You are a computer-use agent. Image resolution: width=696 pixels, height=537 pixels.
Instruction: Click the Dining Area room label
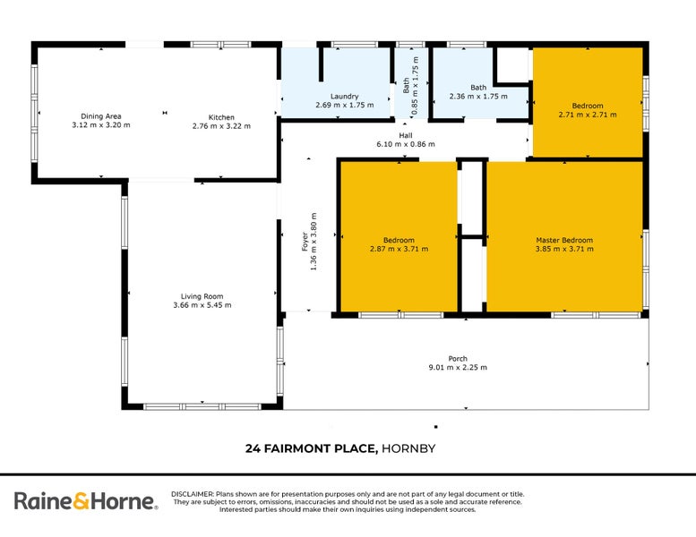[x=100, y=116]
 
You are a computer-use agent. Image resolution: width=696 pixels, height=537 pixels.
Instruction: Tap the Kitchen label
[x=221, y=117]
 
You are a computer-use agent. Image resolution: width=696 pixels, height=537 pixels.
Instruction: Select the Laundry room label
[x=344, y=96]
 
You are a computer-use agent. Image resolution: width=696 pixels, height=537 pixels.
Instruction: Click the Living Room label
[x=202, y=296]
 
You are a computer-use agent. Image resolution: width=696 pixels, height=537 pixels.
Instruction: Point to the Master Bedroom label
[x=564, y=240]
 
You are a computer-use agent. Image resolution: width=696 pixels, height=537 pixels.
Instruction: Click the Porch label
[x=458, y=359]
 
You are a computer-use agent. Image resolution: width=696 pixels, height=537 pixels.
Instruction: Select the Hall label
[x=406, y=134]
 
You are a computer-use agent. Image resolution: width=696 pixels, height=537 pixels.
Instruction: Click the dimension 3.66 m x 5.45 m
[x=202, y=305]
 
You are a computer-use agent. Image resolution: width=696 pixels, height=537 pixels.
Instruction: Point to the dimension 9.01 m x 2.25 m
[x=458, y=368]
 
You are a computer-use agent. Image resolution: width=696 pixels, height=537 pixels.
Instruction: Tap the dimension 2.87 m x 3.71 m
[x=399, y=249]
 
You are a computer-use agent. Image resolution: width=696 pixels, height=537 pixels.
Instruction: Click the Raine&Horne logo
[x=85, y=502]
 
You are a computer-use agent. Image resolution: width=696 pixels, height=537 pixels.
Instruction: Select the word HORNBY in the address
[x=408, y=448]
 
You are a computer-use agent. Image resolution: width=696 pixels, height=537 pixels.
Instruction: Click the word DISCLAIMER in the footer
[x=192, y=494]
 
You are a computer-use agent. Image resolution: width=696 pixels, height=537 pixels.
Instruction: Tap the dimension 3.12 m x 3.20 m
[x=100, y=125]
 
